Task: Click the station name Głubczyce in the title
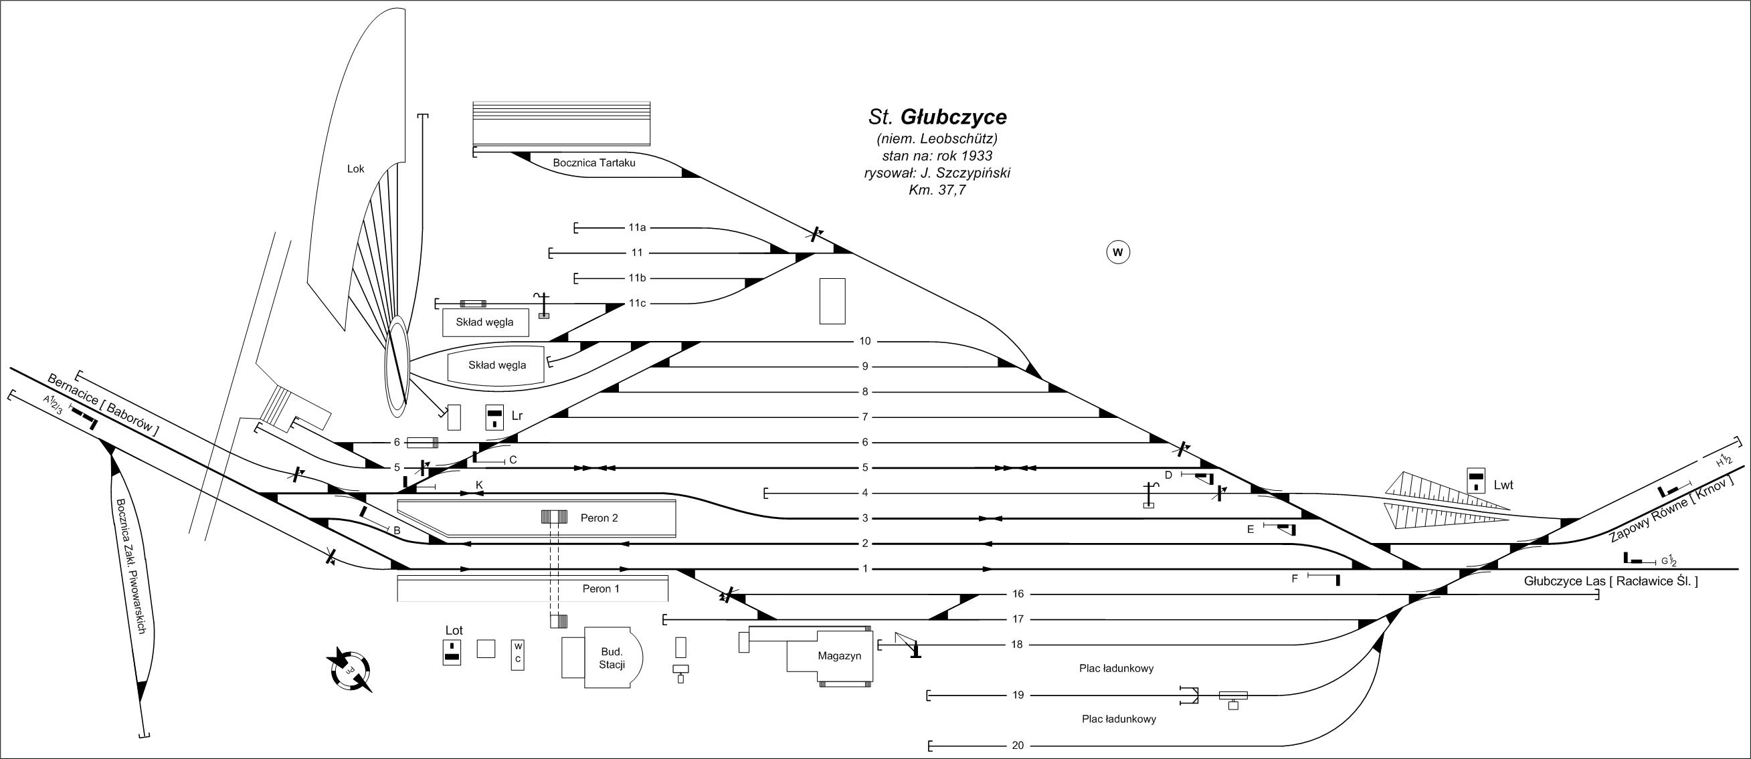pos(953,118)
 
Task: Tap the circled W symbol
pos(1118,253)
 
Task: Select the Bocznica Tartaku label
pos(594,163)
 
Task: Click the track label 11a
pos(637,227)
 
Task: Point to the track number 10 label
pos(864,341)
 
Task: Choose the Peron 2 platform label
pos(599,518)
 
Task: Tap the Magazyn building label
pos(840,656)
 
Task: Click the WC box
pos(518,655)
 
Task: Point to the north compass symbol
pos(351,670)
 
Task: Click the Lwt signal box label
pos(1503,486)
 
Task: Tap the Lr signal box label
pos(517,416)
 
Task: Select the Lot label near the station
pos(454,631)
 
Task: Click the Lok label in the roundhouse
pos(355,169)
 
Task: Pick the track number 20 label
pos(1017,746)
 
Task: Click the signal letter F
pos(1295,578)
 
